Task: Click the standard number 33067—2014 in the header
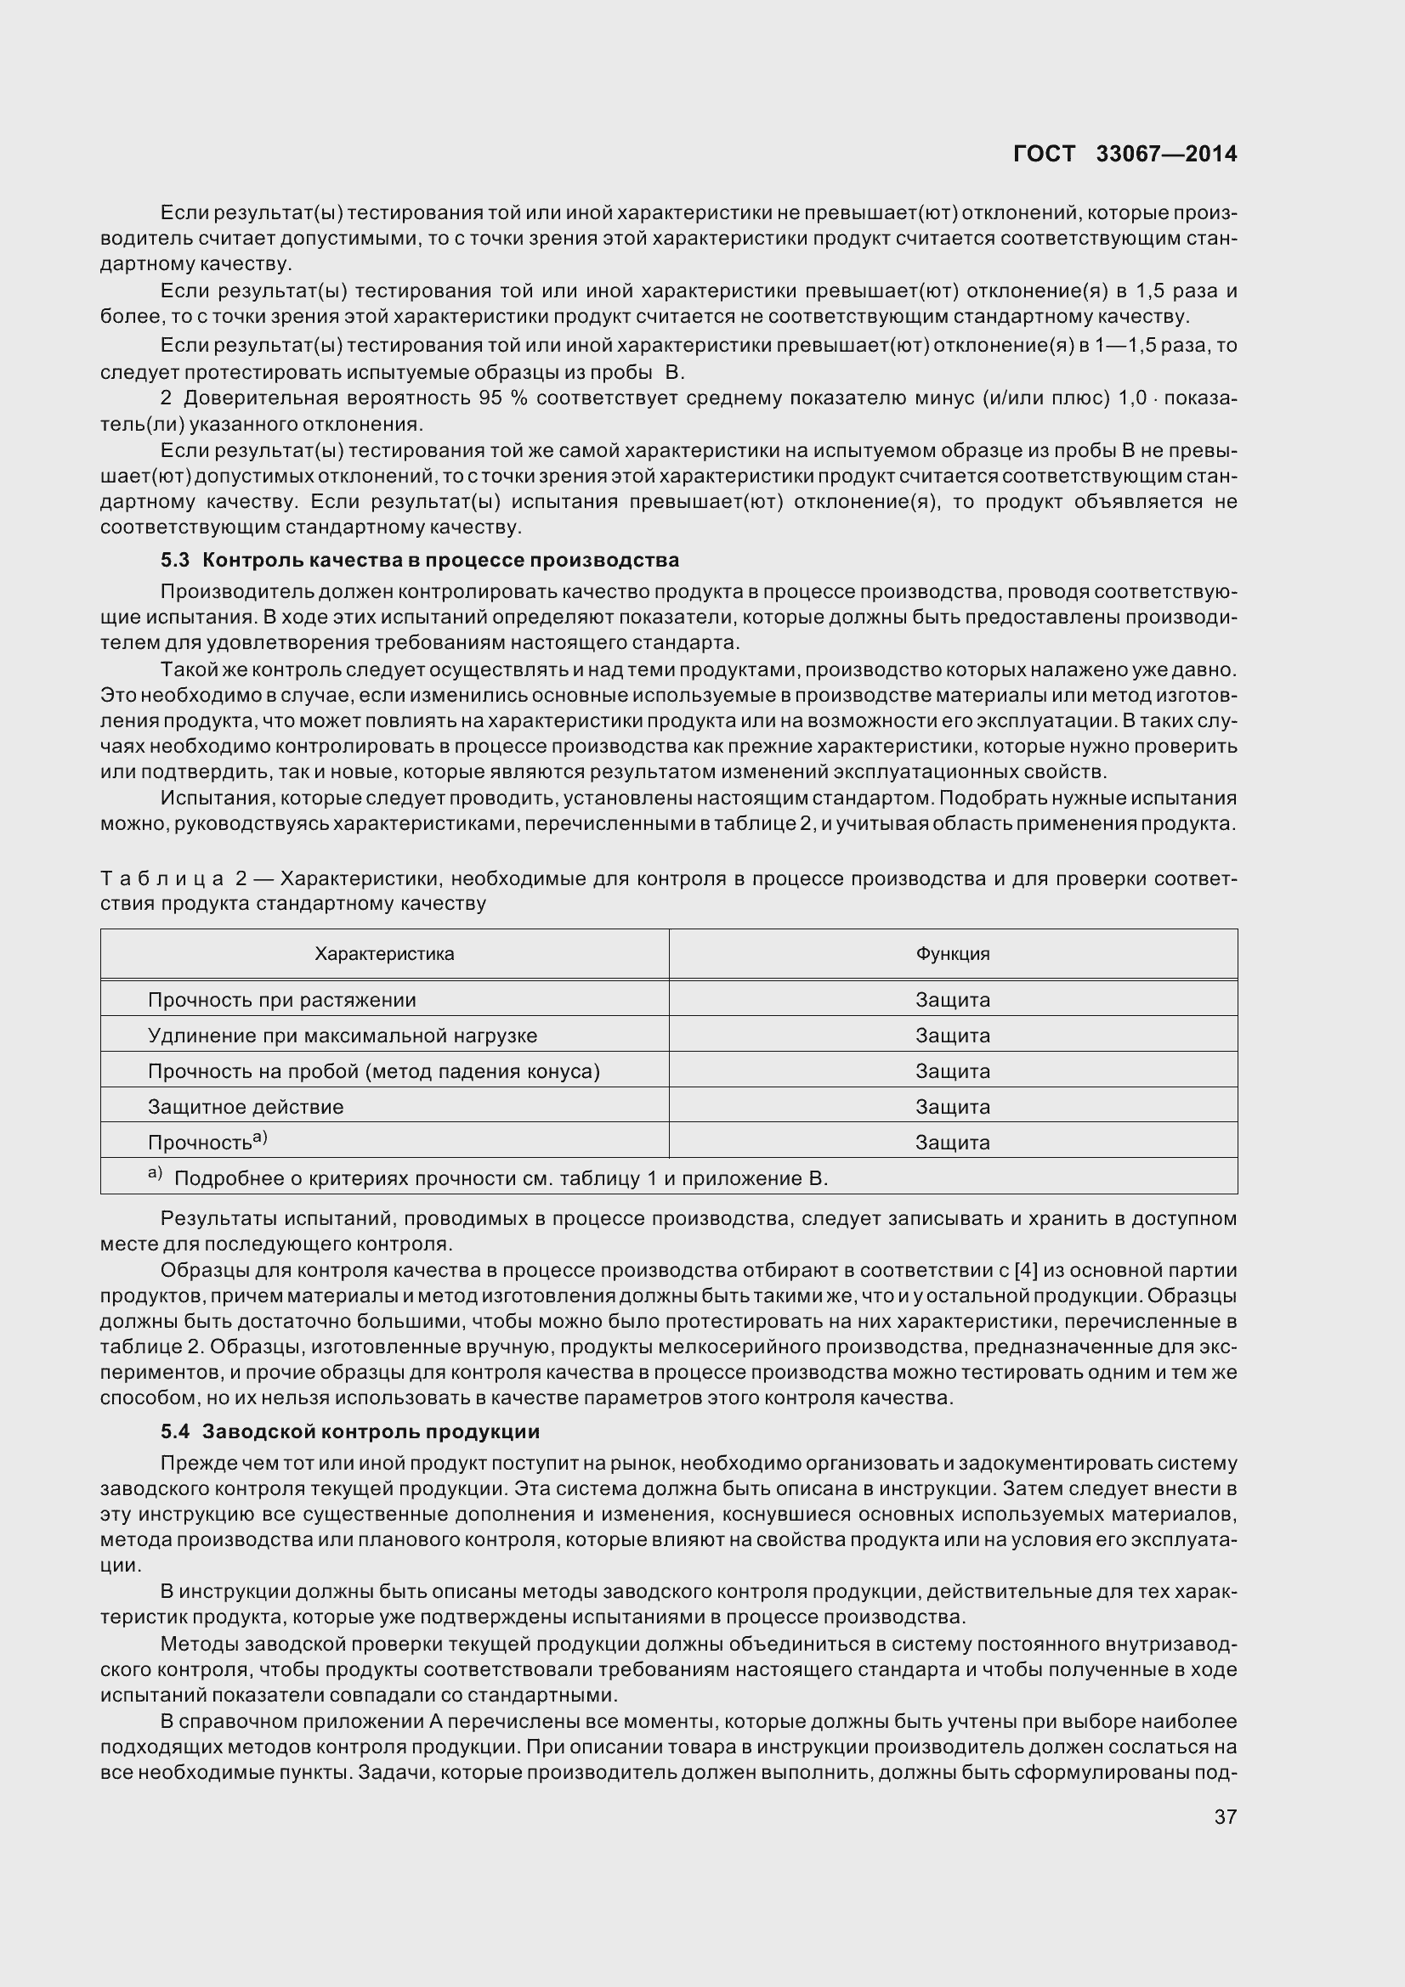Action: coord(1166,154)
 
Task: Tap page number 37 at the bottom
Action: coord(1225,1816)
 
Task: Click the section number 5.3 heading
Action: coord(175,560)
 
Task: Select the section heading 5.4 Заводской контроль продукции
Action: coord(349,1431)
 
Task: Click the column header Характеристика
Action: coord(384,954)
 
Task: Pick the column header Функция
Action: coord(952,954)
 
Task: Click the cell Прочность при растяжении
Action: coord(282,1000)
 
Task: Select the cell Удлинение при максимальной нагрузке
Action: coord(343,1035)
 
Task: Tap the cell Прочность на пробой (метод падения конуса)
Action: coord(374,1071)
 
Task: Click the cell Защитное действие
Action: coord(246,1107)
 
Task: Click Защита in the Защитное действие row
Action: coord(952,1107)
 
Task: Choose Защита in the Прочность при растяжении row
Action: coord(952,1000)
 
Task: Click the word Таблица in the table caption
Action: coord(161,879)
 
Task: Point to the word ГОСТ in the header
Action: coord(1043,154)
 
